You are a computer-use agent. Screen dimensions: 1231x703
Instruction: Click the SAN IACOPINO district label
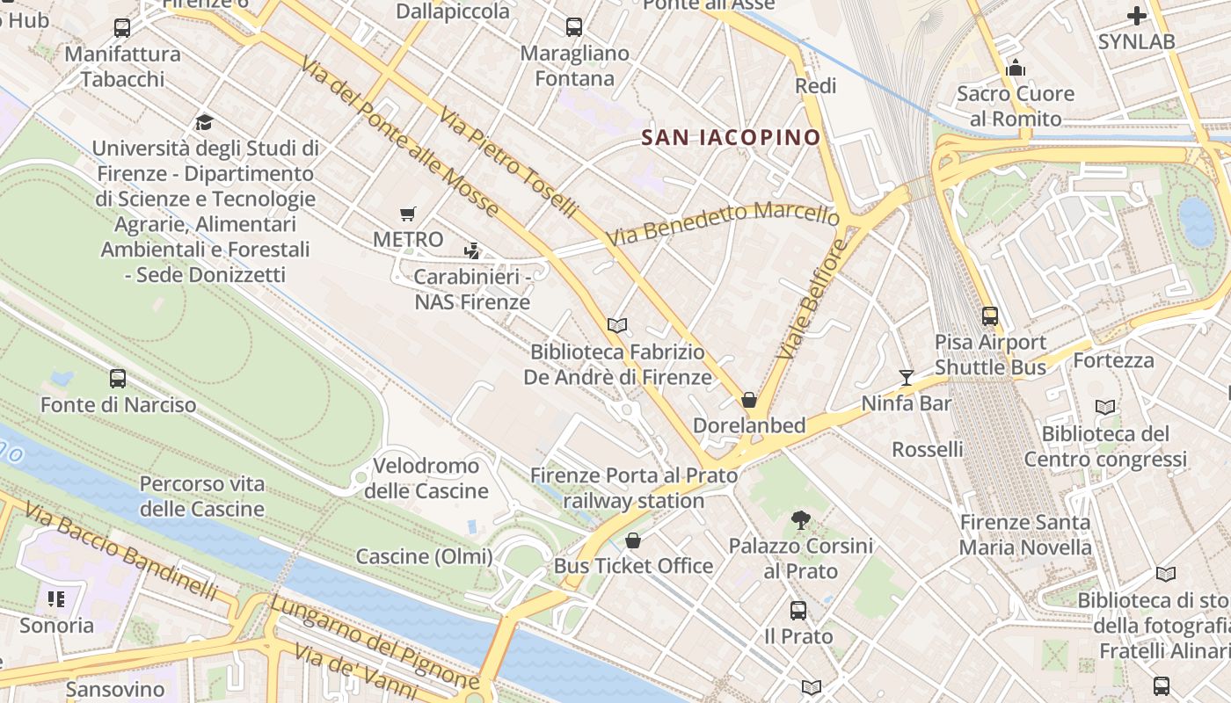coord(731,137)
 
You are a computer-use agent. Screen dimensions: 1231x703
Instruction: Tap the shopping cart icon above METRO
coord(407,214)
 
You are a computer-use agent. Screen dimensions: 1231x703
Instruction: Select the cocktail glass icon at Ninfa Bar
coord(907,378)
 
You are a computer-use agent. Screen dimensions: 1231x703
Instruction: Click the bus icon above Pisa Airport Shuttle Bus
coord(990,316)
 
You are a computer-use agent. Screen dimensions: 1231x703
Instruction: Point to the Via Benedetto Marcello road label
coord(723,224)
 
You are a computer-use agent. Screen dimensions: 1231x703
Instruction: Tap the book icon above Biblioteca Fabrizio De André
coord(617,326)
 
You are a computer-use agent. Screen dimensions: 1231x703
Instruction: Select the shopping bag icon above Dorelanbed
coord(749,400)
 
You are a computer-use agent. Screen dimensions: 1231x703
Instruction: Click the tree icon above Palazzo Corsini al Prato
coord(800,520)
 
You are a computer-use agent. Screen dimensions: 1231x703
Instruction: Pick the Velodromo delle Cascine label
coord(426,478)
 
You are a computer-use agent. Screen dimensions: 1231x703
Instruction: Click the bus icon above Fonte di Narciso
coord(118,379)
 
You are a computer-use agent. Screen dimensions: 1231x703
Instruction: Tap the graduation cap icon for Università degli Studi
coord(204,122)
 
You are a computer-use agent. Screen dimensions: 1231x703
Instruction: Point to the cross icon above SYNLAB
coord(1137,16)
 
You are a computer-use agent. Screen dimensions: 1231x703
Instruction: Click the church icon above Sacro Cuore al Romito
coord(1016,68)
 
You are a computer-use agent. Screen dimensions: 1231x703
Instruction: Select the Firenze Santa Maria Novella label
coord(1025,535)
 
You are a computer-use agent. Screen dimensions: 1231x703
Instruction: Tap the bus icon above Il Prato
coord(798,610)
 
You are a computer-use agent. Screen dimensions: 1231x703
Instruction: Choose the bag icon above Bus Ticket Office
coord(632,540)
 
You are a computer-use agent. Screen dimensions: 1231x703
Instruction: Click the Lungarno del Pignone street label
coord(374,641)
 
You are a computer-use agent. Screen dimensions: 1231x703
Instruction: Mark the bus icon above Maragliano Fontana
coord(574,27)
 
